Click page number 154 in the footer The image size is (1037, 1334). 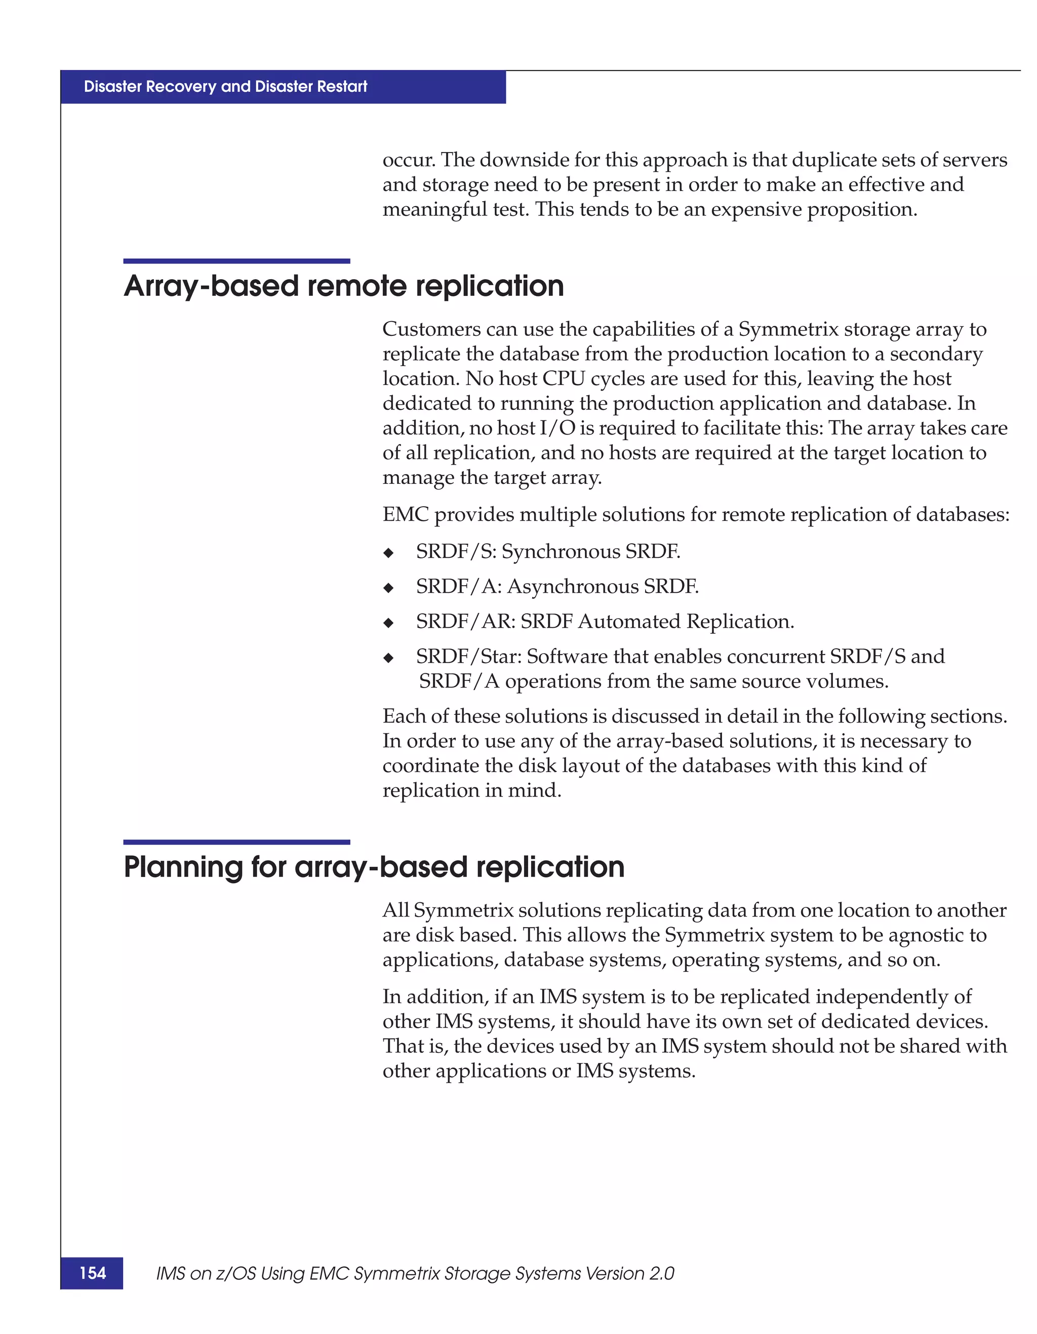coord(92,1272)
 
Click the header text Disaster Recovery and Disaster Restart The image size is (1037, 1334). coord(225,87)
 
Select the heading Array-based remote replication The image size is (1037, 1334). coord(344,286)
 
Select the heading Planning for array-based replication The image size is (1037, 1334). coord(374,867)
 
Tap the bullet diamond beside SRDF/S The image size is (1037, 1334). coord(388,553)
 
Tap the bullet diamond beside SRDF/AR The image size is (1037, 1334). coord(388,623)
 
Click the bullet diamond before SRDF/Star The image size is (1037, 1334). coord(388,658)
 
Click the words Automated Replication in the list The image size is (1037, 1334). coord(685,621)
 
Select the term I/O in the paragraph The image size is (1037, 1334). coord(558,428)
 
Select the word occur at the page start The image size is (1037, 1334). coord(408,160)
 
